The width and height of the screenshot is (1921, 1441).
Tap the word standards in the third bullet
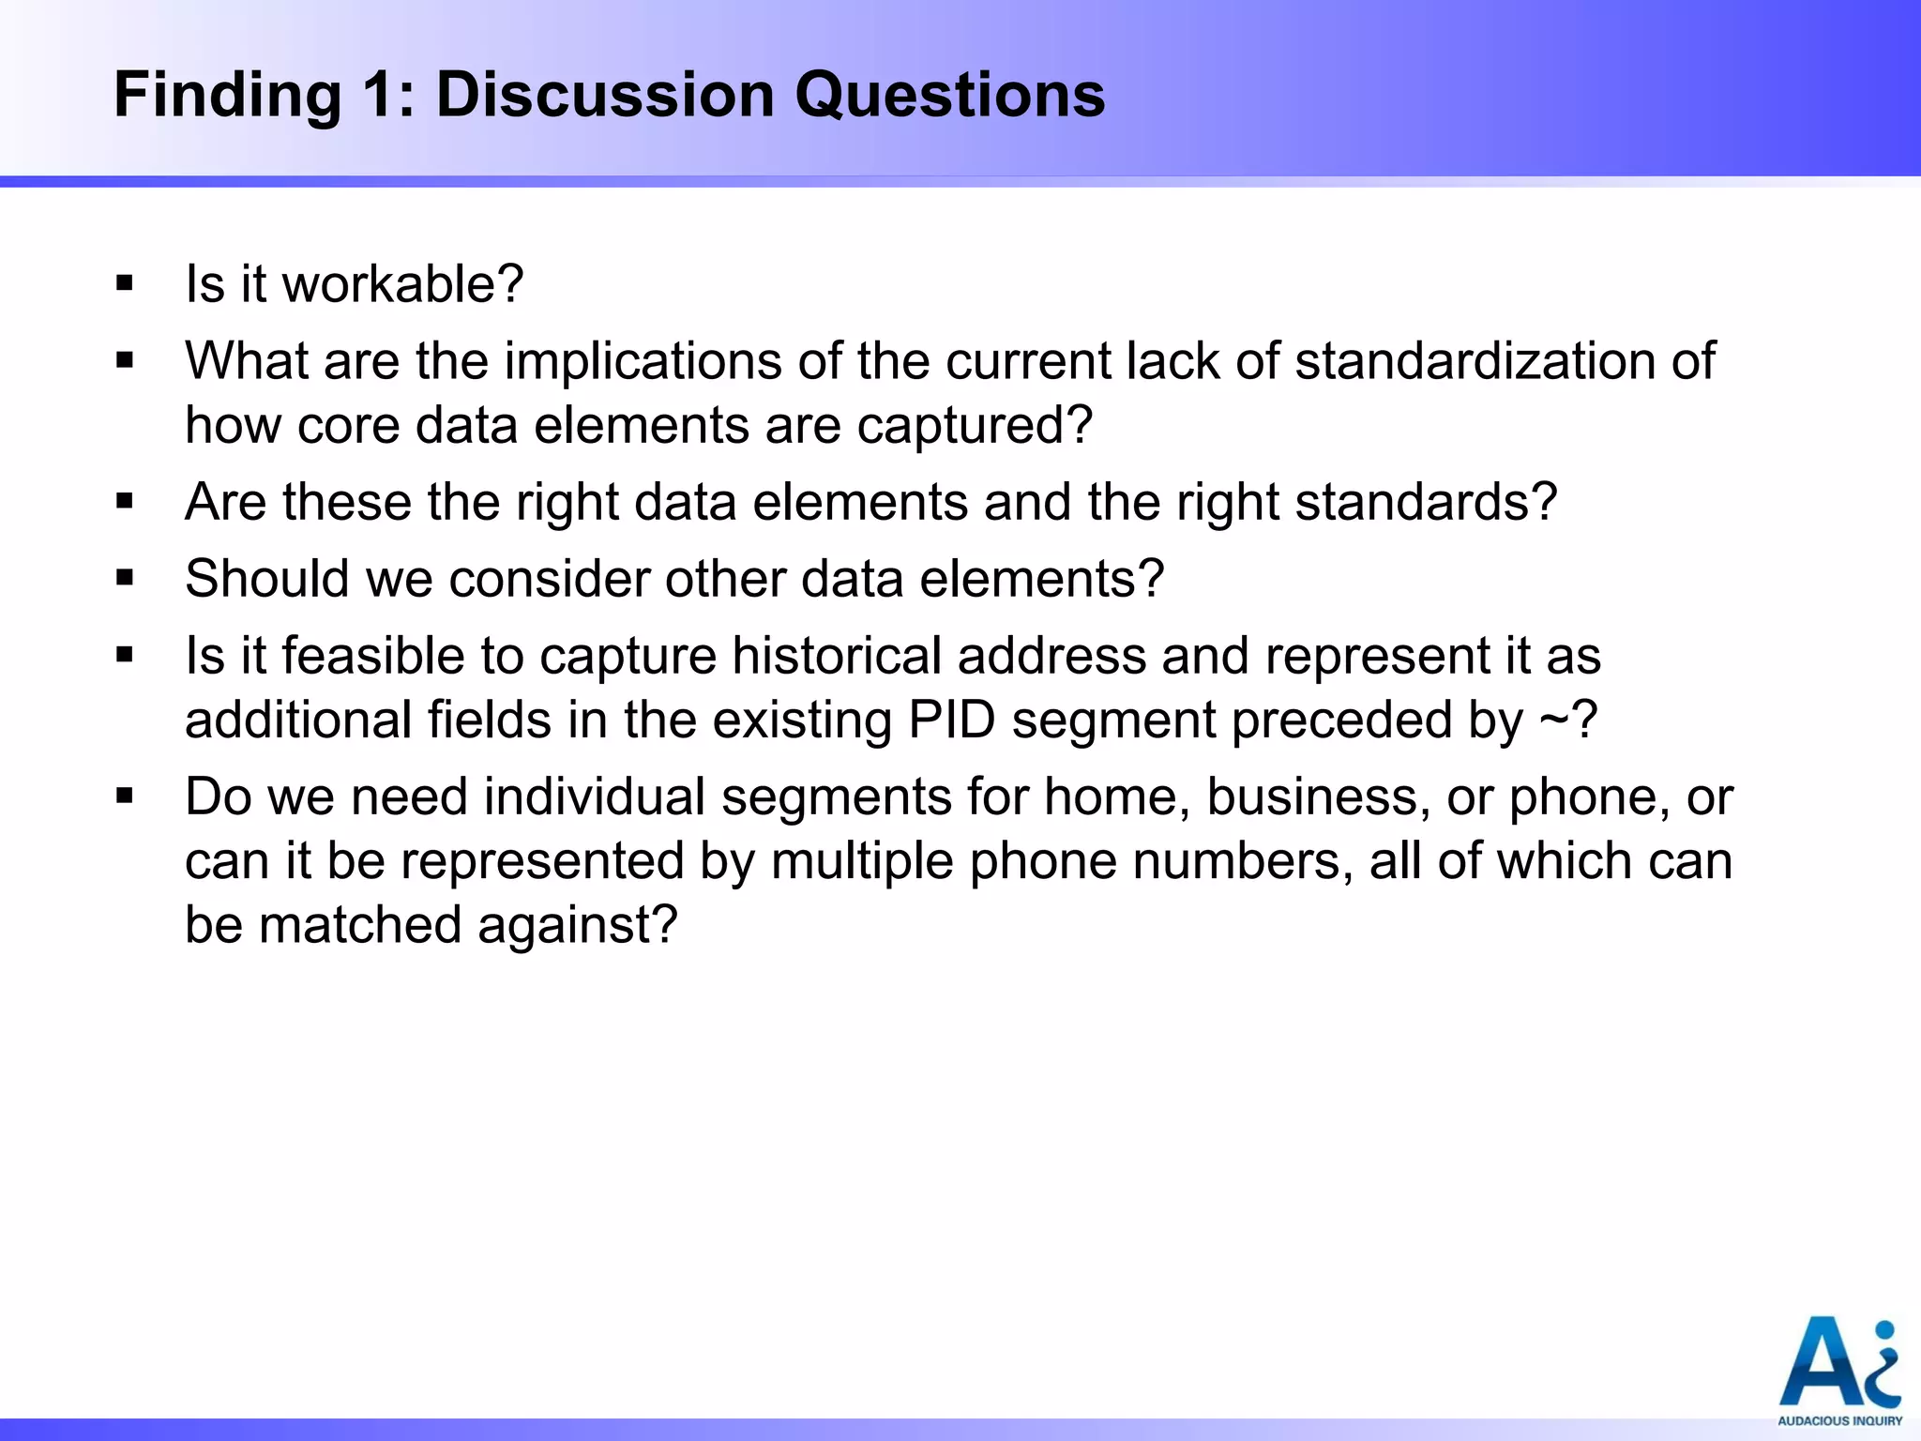click(1426, 502)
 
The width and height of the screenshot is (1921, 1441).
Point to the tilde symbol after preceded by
click(1551, 720)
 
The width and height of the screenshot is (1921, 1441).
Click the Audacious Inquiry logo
click(1839, 1370)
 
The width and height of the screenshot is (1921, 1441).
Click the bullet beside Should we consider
click(125, 579)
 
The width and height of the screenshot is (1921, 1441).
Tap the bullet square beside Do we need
click(125, 796)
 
